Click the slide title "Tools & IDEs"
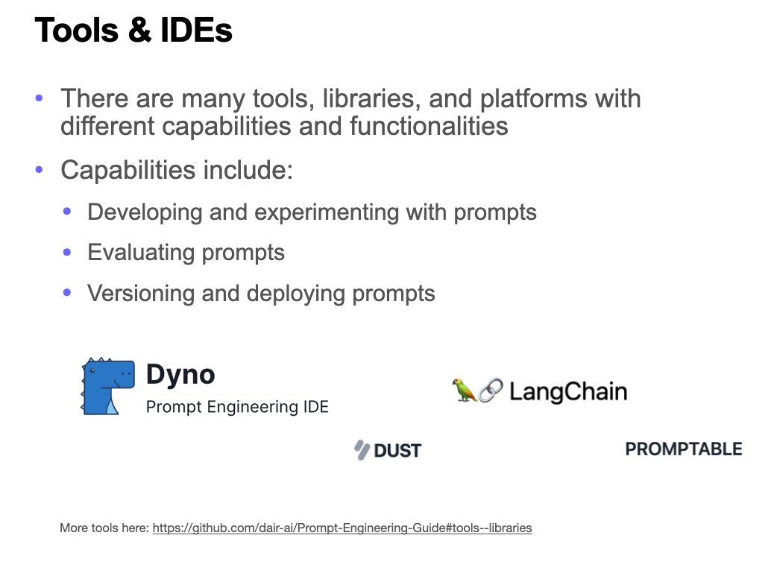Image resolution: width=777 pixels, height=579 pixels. coord(133,31)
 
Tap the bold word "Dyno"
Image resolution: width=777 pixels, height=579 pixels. coord(180,374)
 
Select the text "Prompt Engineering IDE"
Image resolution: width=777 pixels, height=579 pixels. coord(237,407)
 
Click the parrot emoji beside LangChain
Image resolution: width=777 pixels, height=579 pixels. coord(464,390)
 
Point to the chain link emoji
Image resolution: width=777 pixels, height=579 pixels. coord(490,390)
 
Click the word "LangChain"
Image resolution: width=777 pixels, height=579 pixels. coord(568,391)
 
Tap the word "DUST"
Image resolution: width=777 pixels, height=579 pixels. coord(397,450)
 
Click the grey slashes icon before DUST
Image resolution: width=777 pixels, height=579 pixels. coord(362,449)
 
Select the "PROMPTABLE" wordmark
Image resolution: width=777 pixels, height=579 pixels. coord(683,449)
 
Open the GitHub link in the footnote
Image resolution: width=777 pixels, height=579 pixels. coord(342,528)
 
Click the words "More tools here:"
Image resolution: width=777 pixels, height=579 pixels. coord(104,528)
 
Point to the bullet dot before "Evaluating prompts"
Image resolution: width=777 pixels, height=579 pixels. coord(67,253)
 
